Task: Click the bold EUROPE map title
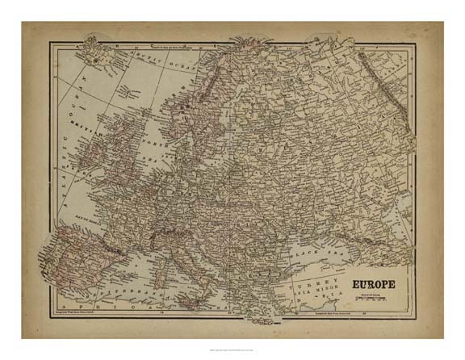pos(372,285)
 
